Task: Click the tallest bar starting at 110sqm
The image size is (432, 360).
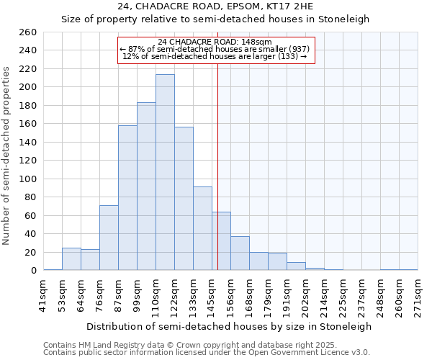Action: (165, 173)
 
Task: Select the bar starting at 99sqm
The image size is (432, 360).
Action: (146, 186)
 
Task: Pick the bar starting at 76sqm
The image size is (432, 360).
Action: (109, 238)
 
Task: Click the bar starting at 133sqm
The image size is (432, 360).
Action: (202, 228)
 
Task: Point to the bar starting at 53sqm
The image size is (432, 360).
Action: (71, 259)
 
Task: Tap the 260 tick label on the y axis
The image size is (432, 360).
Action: (29, 32)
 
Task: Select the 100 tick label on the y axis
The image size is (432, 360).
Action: (29, 179)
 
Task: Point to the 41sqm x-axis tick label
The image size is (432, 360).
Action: (44, 294)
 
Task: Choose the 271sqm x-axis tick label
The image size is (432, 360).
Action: (418, 294)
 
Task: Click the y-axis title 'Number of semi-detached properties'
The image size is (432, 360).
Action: (7, 155)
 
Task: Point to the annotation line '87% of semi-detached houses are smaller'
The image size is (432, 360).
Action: (216, 49)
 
